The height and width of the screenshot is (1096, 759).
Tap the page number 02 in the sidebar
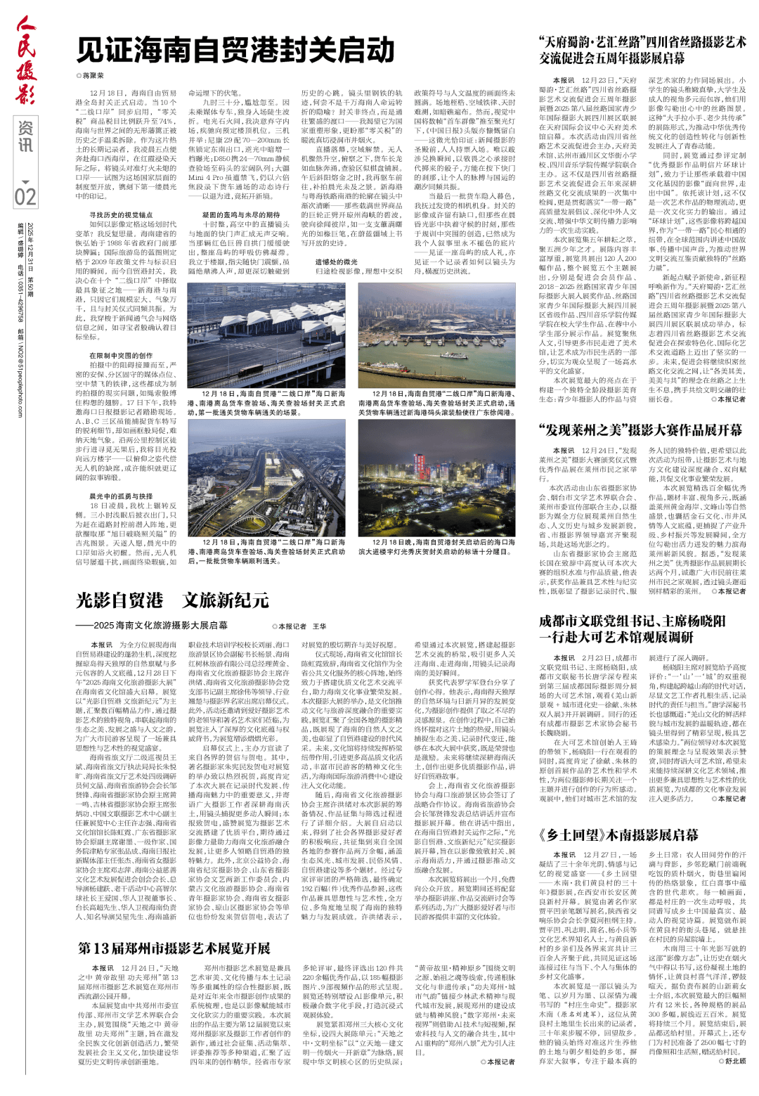[x=25, y=195]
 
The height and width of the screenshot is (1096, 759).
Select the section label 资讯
[x=25, y=137]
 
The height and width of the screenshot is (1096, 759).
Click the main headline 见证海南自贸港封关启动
[x=235, y=50]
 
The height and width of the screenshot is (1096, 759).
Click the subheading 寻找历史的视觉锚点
[x=120, y=215]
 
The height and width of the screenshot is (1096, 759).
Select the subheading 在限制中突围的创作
[x=120, y=356]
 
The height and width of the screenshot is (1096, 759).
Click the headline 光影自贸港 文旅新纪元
[x=172, y=600]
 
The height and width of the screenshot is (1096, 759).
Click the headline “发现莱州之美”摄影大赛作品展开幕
[x=640, y=430]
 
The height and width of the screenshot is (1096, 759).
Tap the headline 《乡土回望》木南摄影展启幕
[x=618, y=834]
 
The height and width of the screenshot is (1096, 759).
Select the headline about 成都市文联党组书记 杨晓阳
[x=632, y=629]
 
